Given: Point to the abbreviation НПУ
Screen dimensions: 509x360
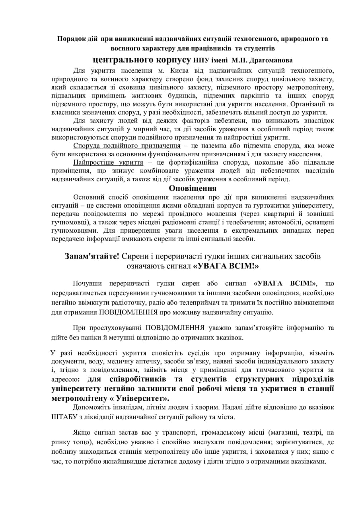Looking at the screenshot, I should click(x=201, y=60).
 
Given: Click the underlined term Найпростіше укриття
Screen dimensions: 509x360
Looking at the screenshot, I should click(x=108, y=162).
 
